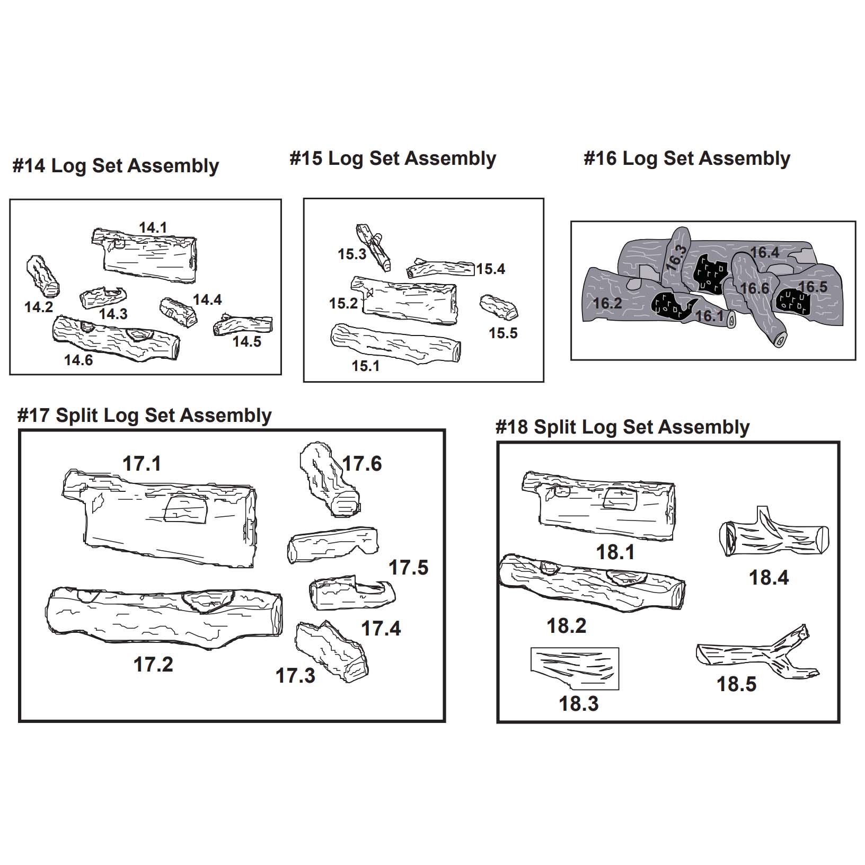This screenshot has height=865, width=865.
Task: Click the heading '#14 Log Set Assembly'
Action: pos(116,166)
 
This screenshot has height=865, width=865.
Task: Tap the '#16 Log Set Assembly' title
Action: pos(687,158)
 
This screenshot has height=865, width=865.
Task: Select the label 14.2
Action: pos(39,306)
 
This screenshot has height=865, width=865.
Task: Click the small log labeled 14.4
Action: pos(178,312)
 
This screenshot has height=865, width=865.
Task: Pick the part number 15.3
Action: pos(352,254)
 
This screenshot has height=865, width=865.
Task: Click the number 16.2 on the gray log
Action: pos(607,303)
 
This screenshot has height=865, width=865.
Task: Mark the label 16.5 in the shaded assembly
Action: pos(812,287)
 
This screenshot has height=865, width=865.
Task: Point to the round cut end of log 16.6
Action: pos(780,339)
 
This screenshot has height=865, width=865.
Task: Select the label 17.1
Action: pos(142,464)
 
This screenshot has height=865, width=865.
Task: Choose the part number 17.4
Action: pos(381,629)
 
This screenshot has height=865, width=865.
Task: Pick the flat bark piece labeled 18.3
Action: pos(576,668)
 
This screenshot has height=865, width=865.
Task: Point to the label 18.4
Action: pos(769,578)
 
